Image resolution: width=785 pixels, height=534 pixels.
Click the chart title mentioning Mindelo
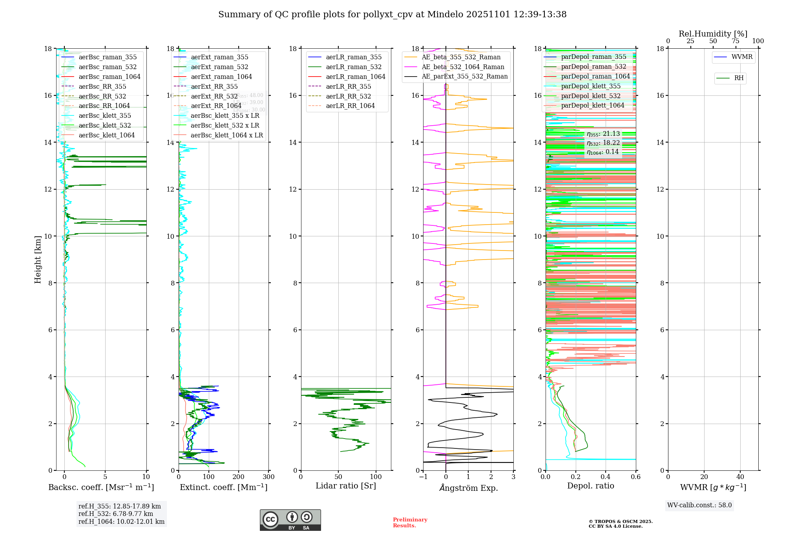point(392,15)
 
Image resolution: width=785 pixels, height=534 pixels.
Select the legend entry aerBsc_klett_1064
point(106,135)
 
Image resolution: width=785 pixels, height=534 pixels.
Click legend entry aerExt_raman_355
point(219,57)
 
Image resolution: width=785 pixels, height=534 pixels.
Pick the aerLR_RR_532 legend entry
point(348,96)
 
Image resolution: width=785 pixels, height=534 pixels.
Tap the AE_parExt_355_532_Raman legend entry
point(464,77)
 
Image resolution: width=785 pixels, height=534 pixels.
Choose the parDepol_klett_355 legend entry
point(591,86)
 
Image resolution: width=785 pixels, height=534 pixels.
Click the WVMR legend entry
point(742,57)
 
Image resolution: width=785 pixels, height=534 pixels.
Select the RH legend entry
point(739,78)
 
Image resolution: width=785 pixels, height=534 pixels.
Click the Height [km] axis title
point(38,259)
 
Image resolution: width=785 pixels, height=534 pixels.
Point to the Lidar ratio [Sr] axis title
point(346,486)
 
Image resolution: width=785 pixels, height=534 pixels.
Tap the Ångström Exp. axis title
point(469,488)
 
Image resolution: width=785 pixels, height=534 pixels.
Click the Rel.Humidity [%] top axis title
point(713,34)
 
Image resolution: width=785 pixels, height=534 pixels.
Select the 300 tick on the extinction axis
point(268,477)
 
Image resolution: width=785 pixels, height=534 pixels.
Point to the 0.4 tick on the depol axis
point(606,477)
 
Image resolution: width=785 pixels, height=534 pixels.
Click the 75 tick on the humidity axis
point(735,41)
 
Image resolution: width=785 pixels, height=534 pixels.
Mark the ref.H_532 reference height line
point(115,514)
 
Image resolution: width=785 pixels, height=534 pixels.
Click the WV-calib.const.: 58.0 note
point(699,505)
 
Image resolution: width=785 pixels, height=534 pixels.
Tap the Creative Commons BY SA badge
point(290,520)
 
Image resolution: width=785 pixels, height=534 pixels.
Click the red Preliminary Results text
point(410,523)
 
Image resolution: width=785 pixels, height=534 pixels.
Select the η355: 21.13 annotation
point(603,134)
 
